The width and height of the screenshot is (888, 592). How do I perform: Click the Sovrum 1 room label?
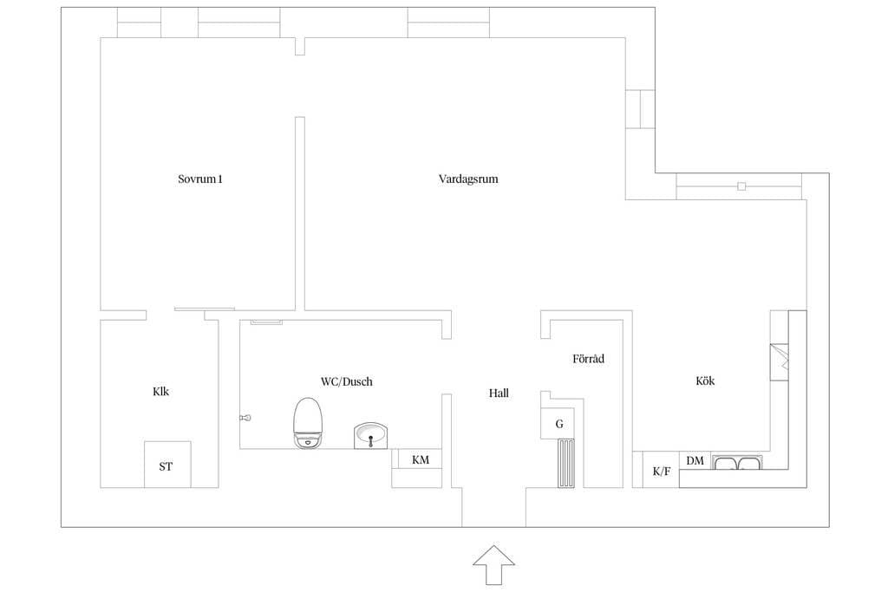coord(200,179)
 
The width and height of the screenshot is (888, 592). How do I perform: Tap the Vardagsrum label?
coord(468,179)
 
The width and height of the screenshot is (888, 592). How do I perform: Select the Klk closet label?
coord(160,391)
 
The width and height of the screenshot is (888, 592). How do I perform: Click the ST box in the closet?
coord(166,465)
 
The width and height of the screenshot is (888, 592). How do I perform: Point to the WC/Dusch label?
coord(346,381)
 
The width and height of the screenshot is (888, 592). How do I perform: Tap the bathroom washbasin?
coord(372,435)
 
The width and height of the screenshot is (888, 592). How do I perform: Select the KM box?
coord(420,460)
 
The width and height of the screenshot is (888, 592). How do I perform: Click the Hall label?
coord(499,393)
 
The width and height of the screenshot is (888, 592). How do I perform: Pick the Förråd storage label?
coord(588,358)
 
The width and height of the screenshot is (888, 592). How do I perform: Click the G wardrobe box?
coord(559,424)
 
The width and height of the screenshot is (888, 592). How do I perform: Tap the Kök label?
coord(705,381)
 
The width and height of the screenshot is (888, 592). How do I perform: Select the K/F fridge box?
coord(661,472)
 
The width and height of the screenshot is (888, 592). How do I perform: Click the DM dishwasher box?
coord(695,460)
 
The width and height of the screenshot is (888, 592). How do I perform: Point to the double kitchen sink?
coord(737,464)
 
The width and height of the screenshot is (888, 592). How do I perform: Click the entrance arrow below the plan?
coord(493,567)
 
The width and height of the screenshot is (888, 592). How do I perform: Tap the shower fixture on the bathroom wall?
coord(245,418)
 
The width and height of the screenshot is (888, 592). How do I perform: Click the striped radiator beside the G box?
coord(565,464)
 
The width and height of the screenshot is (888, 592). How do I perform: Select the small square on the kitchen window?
coord(741,185)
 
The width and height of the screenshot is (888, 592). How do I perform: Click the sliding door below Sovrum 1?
coord(205,309)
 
